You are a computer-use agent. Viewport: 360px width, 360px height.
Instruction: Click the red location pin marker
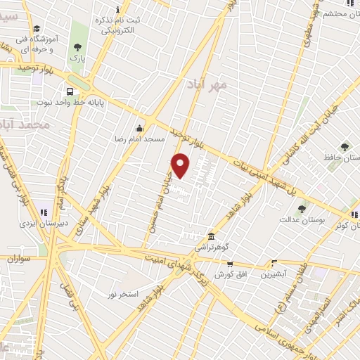pyautogui.click(x=181, y=165)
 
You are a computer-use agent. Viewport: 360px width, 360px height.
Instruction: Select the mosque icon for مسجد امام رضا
pyautogui.click(x=140, y=128)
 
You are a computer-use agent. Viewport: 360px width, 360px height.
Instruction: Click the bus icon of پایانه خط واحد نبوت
pyautogui.click(x=70, y=91)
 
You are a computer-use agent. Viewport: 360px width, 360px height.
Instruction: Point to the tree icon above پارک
pyautogui.click(x=77, y=48)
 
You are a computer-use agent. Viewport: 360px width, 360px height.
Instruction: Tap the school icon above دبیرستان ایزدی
pyautogui.click(x=44, y=212)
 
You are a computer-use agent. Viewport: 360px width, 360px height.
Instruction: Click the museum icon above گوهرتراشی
pyautogui.click(x=211, y=236)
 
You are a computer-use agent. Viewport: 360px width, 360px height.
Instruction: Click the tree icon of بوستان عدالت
pyautogui.click(x=302, y=208)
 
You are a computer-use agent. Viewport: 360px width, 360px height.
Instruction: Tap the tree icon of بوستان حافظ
pyautogui.click(x=344, y=147)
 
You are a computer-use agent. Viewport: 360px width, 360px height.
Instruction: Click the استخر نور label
pyautogui.click(x=124, y=292)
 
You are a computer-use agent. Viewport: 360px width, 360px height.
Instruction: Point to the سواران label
pyautogui.click(x=20, y=259)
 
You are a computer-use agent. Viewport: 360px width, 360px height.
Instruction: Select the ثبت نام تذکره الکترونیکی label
pyautogui.click(x=120, y=25)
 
